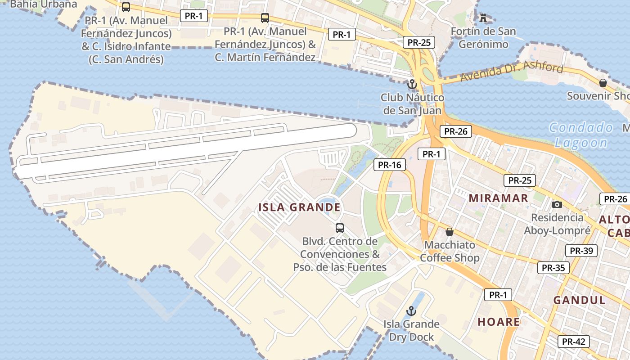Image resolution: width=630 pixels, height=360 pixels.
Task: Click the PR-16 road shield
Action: pyautogui.click(x=389, y=165)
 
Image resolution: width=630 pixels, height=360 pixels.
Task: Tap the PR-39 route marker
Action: pyautogui.click(x=581, y=251)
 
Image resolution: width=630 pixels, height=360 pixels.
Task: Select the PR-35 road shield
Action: pyautogui.click(x=553, y=268)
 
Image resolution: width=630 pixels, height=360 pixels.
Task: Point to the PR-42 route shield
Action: pyautogui.click(x=573, y=342)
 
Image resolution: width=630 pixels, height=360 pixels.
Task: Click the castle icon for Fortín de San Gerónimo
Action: pyautogui.click(x=483, y=18)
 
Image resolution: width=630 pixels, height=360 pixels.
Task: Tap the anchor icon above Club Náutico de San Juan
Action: pyautogui.click(x=411, y=84)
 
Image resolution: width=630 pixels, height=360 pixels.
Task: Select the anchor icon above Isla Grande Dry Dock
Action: pyautogui.click(x=411, y=311)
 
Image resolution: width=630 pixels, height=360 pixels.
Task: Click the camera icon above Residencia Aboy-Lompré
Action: pyautogui.click(x=557, y=204)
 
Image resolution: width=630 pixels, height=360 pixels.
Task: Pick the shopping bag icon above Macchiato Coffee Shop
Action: pyautogui.click(x=449, y=232)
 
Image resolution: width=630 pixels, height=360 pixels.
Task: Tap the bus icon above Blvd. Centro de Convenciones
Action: pyautogui.click(x=340, y=228)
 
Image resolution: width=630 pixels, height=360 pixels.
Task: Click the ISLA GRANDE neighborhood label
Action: pyautogui.click(x=299, y=207)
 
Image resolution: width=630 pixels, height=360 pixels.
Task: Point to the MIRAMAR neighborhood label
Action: pyautogui.click(x=498, y=198)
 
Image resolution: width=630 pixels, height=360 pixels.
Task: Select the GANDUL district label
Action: pyautogui.click(x=579, y=300)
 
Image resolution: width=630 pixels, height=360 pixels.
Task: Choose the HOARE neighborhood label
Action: pyautogui.click(x=499, y=322)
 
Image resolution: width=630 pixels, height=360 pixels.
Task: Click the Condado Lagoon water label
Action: pyautogui.click(x=581, y=135)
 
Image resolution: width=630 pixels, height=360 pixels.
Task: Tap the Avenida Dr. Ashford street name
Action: pyautogui.click(x=512, y=73)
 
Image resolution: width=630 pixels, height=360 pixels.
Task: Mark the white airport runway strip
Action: pyautogui.click(x=184, y=151)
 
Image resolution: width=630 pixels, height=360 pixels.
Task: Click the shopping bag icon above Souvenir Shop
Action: pyautogui.click(x=603, y=83)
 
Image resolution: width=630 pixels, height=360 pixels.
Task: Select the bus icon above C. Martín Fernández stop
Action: pyautogui.click(x=265, y=18)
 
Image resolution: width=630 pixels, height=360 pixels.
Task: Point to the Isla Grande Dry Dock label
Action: pyautogui.click(x=411, y=330)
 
